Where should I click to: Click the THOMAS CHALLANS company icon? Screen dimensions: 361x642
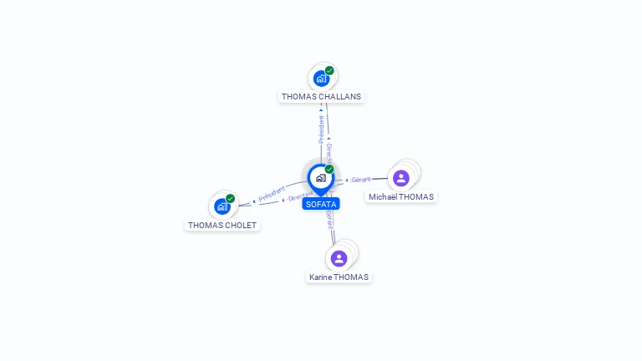[x=321, y=79]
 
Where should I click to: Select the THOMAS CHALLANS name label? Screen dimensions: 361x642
[x=321, y=97]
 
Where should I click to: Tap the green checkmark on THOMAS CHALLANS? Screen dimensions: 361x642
[x=329, y=71]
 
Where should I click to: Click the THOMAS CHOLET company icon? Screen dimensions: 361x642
[x=222, y=206]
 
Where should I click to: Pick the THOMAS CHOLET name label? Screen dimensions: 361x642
[x=222, y=226]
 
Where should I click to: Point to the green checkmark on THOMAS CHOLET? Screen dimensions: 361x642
[x=230, y=199]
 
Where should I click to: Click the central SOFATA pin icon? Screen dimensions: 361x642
[x=320, y=178]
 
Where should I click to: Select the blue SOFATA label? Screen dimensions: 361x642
[x=321, y=204]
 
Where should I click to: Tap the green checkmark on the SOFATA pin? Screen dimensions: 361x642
[x=329, y=170]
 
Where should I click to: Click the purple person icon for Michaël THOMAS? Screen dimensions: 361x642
[x=401, y=178]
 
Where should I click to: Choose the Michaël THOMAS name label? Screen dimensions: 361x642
[x=401, y=197]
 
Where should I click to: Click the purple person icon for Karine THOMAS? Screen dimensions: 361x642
[x=339, y=258]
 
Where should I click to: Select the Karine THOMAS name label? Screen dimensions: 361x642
[x=339, y=277]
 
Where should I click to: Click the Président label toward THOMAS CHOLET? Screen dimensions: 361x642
[x=272, y=195]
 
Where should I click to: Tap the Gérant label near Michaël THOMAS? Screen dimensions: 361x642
[x=360, y=180]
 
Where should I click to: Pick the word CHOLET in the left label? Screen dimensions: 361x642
[x=239, y=226]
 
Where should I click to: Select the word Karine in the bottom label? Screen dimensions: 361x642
[x=321, y=277]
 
